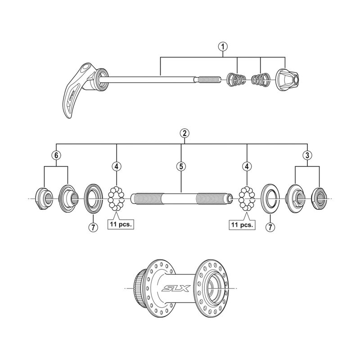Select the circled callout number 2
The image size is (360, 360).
point(183,133)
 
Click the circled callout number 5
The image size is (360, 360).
point(180,166)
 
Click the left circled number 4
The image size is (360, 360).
point(117,166)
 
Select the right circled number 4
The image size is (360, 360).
point(247,166)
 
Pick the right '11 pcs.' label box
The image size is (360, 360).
point(242,224)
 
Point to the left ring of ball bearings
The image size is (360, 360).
point(117,198)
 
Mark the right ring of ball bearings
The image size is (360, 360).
point(247,198)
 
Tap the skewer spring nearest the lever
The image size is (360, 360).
point(236,79)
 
